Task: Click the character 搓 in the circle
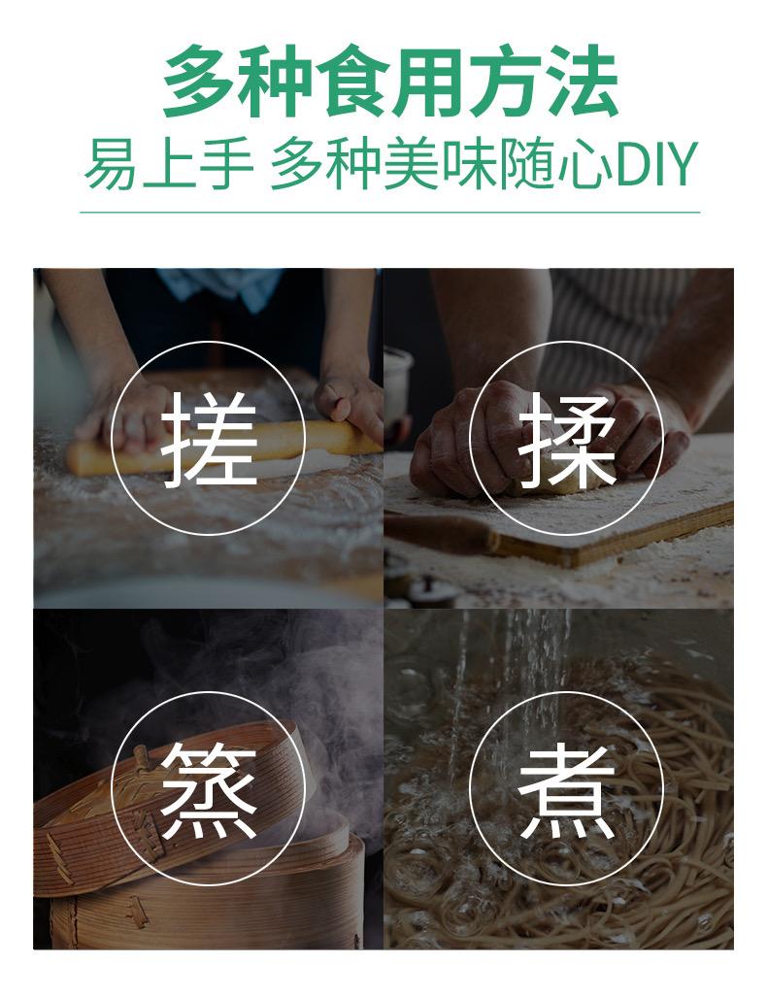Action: click(209, 439)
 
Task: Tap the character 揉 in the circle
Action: click(566, 439)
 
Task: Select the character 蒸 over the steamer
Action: click(209, 789)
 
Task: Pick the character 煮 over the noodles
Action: click(566, 789)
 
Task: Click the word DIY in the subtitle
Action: click(656, 164)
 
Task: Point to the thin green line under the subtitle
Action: click(389, 213)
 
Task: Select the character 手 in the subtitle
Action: click(227, 164)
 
